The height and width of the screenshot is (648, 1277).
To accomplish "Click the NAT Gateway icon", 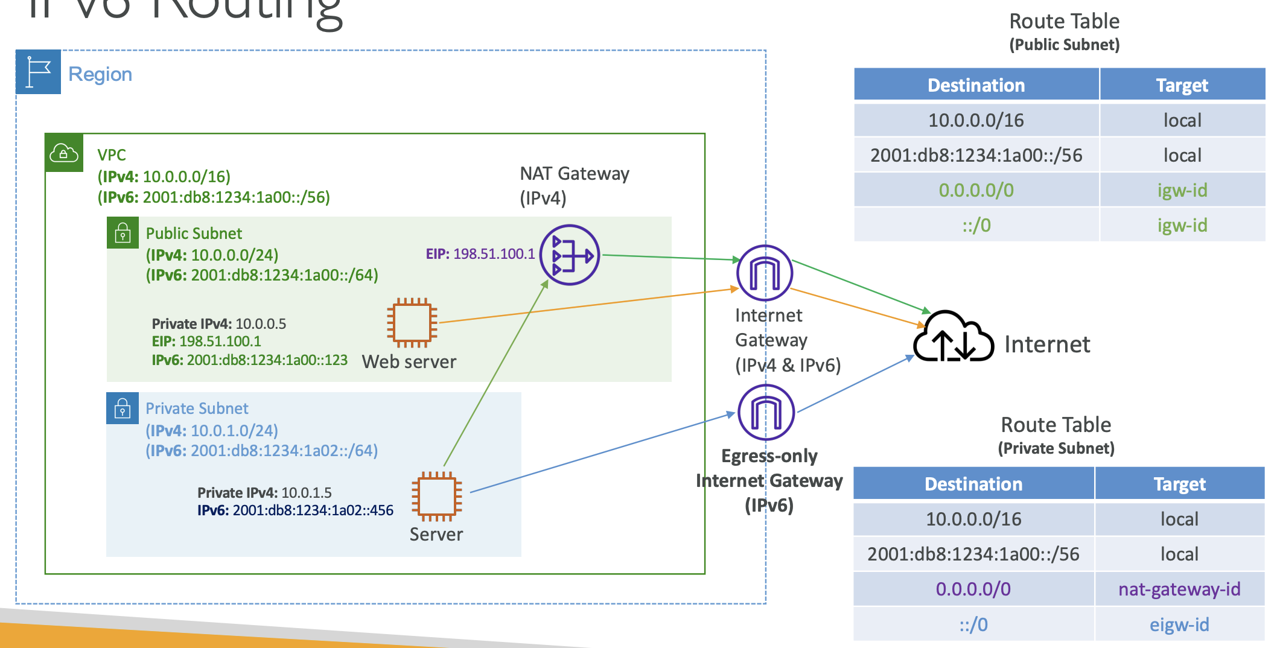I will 569,255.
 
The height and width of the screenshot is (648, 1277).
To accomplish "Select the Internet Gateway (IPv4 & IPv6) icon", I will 765,273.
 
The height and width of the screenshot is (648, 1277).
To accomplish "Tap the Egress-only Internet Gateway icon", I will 766,413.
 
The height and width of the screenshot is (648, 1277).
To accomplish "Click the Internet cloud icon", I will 953,337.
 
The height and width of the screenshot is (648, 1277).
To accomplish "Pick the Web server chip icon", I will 412,323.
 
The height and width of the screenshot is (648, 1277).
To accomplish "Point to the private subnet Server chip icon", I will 437,496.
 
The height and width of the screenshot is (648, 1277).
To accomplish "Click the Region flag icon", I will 38,72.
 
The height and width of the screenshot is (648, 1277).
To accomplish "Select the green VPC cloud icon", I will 64,153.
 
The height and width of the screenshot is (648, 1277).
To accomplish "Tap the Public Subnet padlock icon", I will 123,233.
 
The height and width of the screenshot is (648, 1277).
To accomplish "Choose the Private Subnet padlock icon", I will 123,408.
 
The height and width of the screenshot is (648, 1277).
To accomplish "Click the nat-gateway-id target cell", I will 1179,589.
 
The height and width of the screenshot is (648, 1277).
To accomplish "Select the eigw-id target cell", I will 1179,624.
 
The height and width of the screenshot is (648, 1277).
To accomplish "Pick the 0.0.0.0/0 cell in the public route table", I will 976,191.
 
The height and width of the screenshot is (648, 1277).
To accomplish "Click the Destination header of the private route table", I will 973,484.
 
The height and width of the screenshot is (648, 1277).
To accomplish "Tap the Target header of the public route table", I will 1182,85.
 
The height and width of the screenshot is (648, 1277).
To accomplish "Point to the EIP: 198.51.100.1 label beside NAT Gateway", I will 480,254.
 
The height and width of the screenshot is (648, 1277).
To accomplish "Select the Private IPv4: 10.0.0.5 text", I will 219,324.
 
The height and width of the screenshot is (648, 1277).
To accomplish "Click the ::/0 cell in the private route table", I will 973,624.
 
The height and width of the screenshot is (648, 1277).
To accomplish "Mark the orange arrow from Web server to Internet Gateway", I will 585,306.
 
